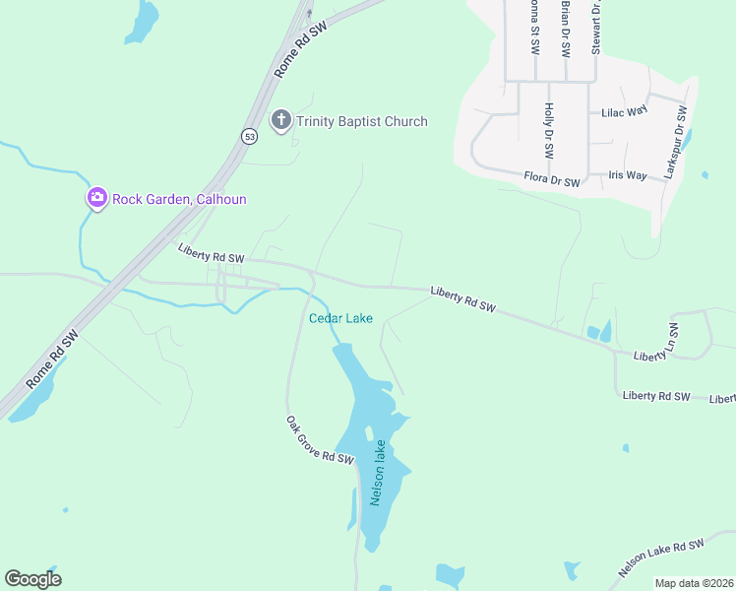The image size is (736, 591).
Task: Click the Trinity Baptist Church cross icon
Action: [x=281, y=121]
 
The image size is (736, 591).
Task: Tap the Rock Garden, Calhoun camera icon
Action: [x=96, y=198]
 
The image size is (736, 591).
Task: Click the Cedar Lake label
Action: [x=340, y=318]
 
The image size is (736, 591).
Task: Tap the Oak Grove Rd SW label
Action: [x=319, y=440]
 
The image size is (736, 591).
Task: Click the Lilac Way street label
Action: [x=624, y=112]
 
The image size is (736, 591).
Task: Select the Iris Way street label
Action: [x=627, y=175]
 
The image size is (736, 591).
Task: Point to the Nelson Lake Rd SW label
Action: [x=661, y=558]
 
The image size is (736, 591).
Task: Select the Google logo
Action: [x=32, y=579]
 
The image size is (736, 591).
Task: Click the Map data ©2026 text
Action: [x=694, y=583]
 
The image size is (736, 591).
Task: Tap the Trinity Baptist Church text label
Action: [x=363, y=122]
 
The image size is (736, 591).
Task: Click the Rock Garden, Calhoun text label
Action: [x=179, y=199]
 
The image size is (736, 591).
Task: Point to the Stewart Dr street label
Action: [x=596, y=27]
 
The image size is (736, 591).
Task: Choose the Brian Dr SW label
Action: [x=565, y=29]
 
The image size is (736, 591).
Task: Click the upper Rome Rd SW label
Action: [x=301, y=48]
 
